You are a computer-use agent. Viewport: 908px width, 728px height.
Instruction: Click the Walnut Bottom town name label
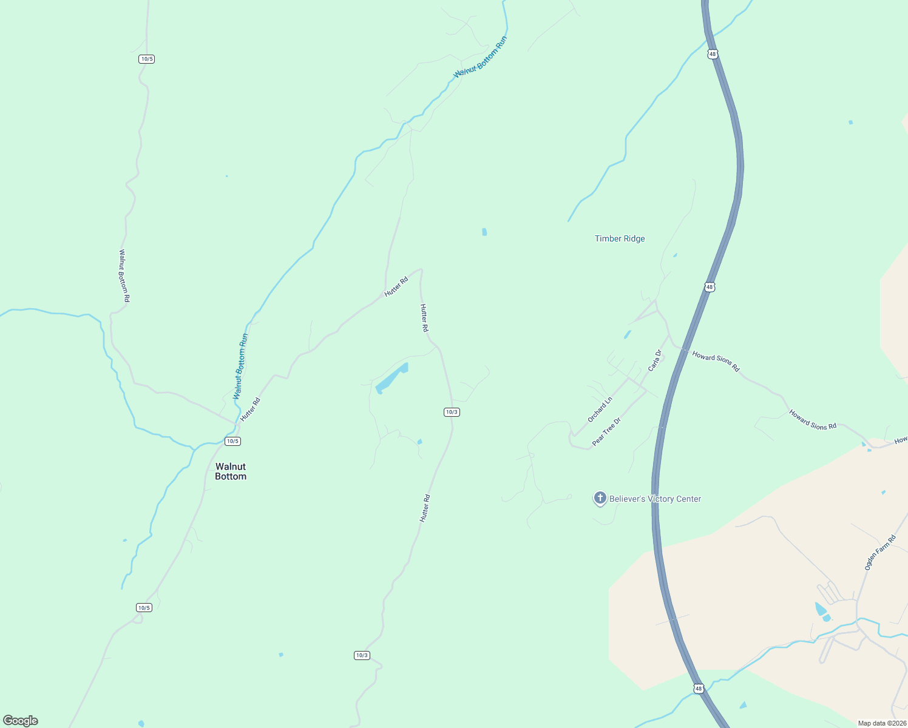[231, 471]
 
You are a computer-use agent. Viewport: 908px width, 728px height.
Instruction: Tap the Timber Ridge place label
[620, 239]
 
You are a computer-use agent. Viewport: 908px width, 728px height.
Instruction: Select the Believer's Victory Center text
[655, 499]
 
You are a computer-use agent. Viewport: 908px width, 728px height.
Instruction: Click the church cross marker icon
[600, 499]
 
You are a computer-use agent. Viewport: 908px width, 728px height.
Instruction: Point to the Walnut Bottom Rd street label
[124, 276]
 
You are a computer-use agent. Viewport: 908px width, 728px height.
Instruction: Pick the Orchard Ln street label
[600, 409]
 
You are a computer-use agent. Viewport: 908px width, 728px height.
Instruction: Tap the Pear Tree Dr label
[606, 432]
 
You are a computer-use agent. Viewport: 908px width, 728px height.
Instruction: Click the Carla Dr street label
[654, 360]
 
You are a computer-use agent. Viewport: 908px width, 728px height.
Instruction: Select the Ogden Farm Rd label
[879, 552]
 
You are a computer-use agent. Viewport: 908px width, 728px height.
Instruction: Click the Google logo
[21, 721]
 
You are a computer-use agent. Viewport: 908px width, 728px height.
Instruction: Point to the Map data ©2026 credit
[882, 723]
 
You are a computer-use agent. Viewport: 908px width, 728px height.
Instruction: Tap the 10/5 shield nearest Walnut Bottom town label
[232, 441]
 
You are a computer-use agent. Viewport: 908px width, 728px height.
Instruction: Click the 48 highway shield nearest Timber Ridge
[710, 287]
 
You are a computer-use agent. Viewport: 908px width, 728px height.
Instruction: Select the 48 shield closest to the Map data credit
[699, 689]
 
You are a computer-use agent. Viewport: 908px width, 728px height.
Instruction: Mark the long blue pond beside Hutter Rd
[391, 378]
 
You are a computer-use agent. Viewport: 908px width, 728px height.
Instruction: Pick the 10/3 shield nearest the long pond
[452, 412]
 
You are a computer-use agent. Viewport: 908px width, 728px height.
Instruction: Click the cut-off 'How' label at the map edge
[901, 439]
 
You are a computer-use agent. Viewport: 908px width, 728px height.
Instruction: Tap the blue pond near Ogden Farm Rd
[821, 610]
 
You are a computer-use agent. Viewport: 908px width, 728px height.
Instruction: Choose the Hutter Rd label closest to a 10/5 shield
[250, 409]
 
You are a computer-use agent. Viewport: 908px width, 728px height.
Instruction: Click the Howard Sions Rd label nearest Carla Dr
[716, 362]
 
